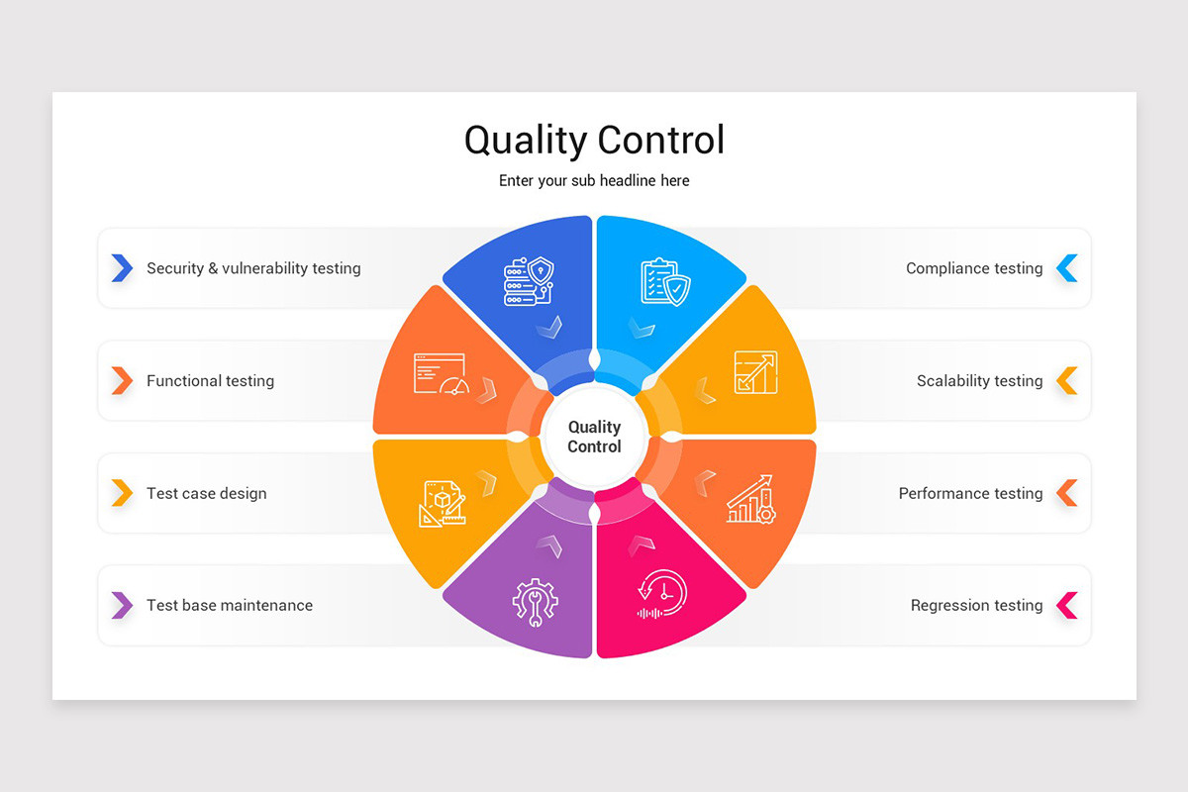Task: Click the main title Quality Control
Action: coord(594,140)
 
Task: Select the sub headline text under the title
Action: coord(594,181)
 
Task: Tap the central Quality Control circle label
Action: coord(594,437)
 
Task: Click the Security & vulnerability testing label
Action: coord(253,268)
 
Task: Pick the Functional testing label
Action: coord(210,381)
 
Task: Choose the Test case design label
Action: coord(206,493)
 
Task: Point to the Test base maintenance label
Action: coord(229,605)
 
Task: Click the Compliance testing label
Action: coord(974,268)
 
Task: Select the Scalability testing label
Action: coord(979,381)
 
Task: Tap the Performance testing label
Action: coord(970,493)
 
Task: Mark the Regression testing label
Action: coord(976,605)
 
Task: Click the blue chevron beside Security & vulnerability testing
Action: coord(122,268)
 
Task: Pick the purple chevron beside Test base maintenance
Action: coord(122,605)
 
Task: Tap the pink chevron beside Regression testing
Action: coord(1067,605)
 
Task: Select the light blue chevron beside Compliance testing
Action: coord(1067,268)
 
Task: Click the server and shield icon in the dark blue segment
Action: coord(529,281)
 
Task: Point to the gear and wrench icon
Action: coord(535,602)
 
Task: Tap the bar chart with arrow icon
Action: coord(751,499)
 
